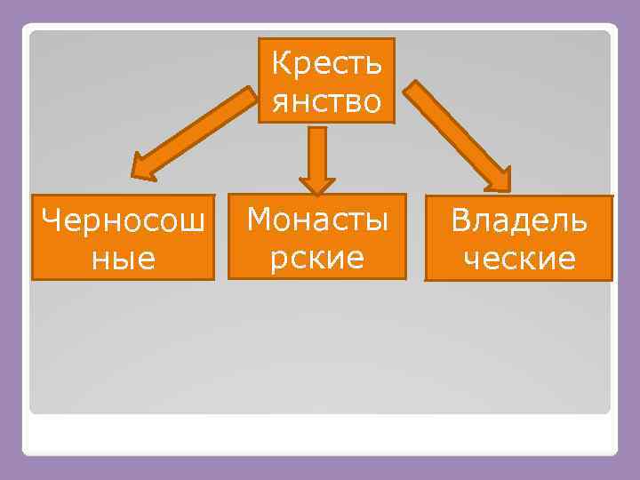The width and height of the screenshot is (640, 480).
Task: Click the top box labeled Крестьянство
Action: (326, 80)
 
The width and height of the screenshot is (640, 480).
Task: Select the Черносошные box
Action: (123, 237)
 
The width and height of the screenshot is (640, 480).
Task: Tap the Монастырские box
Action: (317, 236)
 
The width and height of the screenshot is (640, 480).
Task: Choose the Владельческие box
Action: (519, 238)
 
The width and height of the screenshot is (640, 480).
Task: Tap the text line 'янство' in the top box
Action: (326, 100)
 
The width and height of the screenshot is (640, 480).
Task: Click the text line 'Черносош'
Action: (123, 219)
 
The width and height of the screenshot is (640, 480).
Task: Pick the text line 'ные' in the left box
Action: (123, 259)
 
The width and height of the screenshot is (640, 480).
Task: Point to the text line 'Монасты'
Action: (317, 218)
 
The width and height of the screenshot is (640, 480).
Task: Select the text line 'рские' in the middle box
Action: (317, 257)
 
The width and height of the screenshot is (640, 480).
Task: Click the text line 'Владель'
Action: (519, 220)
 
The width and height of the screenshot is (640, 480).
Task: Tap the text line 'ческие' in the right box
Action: (519, 259)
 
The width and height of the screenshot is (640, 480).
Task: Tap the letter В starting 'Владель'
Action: (460, 220)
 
